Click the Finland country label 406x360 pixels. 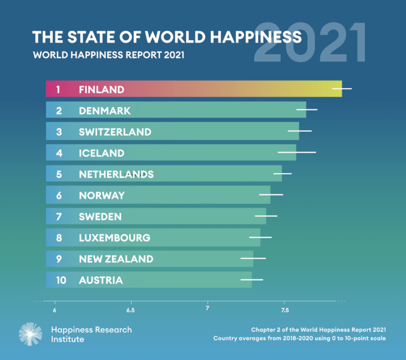point(101,89)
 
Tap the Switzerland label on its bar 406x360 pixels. point(115,132)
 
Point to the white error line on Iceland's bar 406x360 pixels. point(297,153)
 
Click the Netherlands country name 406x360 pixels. point(116,174)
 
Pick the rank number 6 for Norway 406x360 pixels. point(59,195)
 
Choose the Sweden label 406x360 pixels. point(100,217)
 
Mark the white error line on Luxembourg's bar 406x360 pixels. point(260,237)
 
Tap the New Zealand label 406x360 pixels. point(116,259)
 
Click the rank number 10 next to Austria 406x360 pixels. point(61,280)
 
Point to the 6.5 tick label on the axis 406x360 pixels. point(131,310)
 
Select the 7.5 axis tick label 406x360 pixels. point(285,310)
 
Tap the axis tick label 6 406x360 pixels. point(55,310)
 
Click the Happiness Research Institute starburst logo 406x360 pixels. point(30,334)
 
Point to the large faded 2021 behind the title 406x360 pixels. point(310,43)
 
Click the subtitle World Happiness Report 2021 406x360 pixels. point(109,55)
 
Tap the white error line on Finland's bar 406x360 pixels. point(342,89)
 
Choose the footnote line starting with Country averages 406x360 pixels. point(299,338)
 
